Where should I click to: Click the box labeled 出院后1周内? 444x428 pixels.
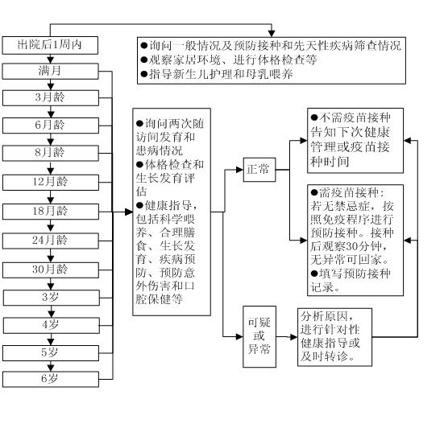tap(50, 43)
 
